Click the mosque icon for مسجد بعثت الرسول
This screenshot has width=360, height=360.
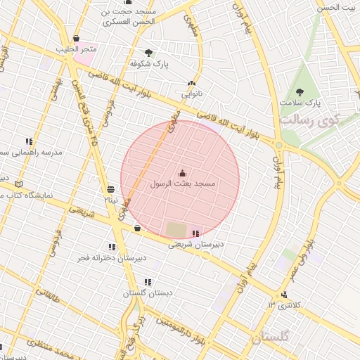[183, 172]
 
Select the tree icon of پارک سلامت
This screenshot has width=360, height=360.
[300, 91]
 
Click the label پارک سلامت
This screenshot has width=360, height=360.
[299, 103]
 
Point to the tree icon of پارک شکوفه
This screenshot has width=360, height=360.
[148, 52]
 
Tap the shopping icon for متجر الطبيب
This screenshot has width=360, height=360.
[76, 39]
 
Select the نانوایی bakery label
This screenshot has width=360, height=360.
[193, 94]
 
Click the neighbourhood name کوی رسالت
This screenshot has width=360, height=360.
[309, 120]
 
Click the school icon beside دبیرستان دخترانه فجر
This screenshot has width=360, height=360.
[112, 247]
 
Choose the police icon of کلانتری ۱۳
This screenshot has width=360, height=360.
[284, 295]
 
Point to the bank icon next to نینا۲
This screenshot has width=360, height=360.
[110, 189]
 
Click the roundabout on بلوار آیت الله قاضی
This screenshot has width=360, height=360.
[279, 146]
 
